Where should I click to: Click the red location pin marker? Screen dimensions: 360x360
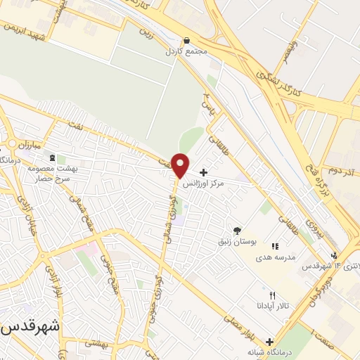point(181,165)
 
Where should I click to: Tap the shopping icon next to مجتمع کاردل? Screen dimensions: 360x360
point(186,41)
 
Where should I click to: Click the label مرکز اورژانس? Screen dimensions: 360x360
point(203,184)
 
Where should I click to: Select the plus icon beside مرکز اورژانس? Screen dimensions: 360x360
point(203,172)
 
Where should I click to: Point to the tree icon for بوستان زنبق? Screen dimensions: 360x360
point(236,230)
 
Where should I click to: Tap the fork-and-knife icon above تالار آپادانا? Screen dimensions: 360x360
point(273,295)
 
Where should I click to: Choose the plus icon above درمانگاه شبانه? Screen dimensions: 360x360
point(269,341)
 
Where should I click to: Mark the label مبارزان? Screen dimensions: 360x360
point(32,143)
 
